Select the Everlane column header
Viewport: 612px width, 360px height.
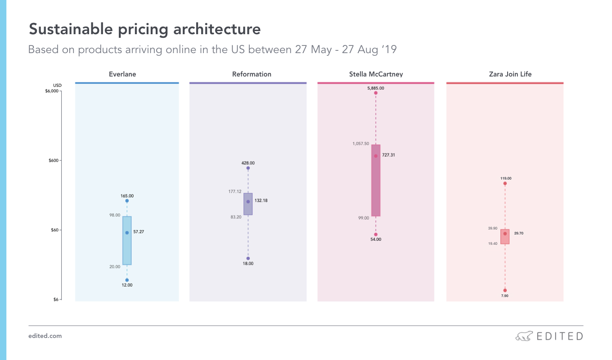pyautogui.click(x=122, y=74)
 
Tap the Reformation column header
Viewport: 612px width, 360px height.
pyautogui.click(x=252, y=74)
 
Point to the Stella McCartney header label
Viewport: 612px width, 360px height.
pyautogui.click(x=376, y=74)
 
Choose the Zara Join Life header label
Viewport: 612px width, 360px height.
pyautogui.click(x=510, y=74)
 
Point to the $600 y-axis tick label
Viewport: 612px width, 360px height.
pyautogui.click(x=54, y=160)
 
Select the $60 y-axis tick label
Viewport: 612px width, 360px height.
pyautogui.click(x=54, y=230)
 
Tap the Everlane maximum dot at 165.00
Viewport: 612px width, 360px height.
pyautogui.click(x=127, y=201)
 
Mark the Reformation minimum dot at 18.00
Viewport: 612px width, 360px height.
pyautogui.click(x=248, y=258)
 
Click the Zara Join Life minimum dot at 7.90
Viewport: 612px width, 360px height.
pyautogui.click(x=505, y=290)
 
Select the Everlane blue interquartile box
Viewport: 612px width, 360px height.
pyautogui.click(x=127, y=241)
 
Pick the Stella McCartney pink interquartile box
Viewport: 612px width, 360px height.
pyautogui.click(x=376, y=180)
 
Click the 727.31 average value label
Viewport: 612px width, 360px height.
pyautogui.click(x=388, y=155)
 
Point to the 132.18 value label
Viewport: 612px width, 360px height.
pyautogui.click(x=261, y=201)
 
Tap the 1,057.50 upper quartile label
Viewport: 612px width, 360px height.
pyautogui.click(x=360, y=144)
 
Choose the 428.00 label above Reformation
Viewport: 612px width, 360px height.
pyautogui.click(x=248, y=163)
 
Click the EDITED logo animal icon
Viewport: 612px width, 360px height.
pyautogui.click(x=524, y=336)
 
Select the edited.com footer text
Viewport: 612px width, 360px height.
pyautogui.click(x=45, y=336)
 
